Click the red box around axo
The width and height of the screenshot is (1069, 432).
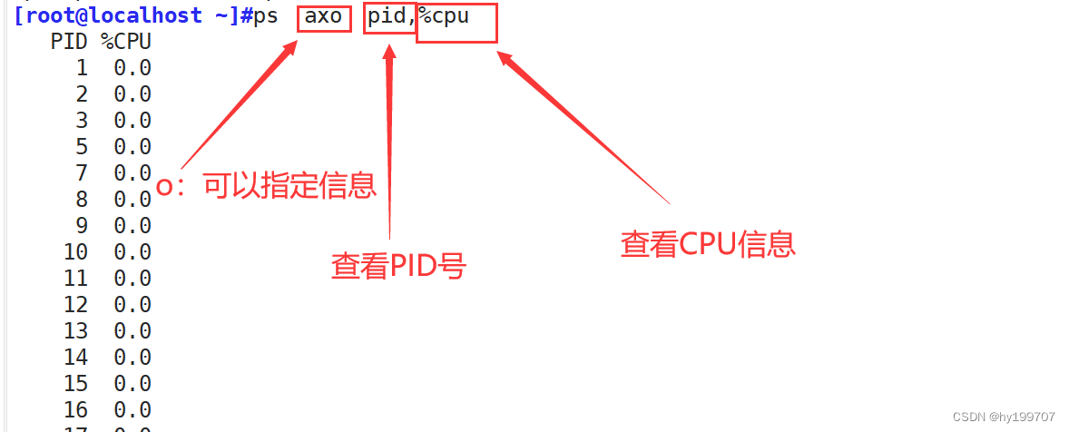(x=324, y=17)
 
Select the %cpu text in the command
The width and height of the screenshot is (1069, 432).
(x=444, y=17)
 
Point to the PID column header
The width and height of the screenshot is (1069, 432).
(x=69, y=42)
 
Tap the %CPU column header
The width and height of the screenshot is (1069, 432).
(x=125, y=42)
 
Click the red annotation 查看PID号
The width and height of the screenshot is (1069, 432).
(x=397, y=266)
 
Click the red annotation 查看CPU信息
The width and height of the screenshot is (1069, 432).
(x=708, y=243)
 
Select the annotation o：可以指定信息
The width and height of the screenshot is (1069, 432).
(x=267, y=187)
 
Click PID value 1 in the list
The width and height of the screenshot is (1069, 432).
(x=82, y=68)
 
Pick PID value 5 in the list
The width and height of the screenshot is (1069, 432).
(x=82, y=147)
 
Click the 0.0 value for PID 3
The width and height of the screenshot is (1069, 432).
(x=132, y=121)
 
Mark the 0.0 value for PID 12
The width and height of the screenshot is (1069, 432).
(x=132, y=304)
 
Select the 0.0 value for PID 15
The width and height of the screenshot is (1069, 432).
(x=132, y=383)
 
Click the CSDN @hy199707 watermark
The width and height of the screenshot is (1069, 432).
(x=1004, y=417)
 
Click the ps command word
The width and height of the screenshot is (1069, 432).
(x=266, y=17)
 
